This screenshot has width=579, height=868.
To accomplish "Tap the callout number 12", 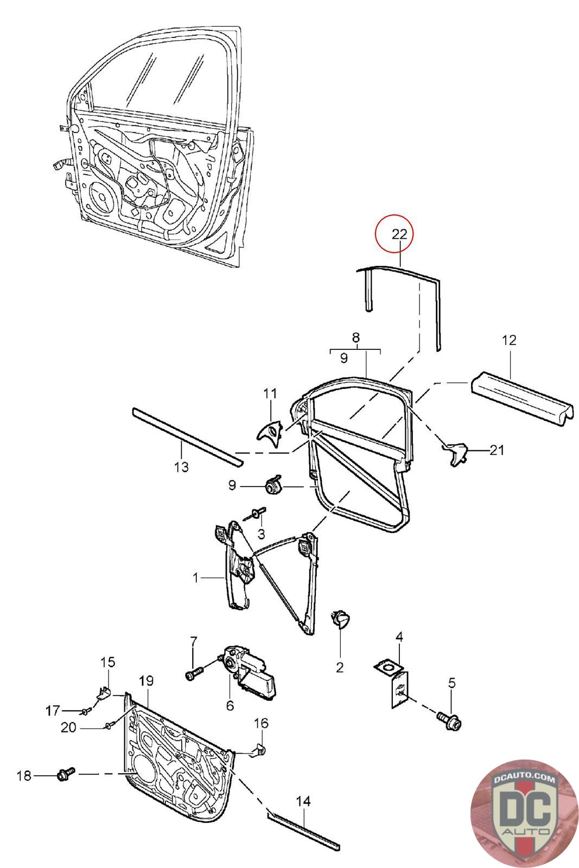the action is tap(509, 340).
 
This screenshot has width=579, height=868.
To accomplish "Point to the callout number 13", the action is tap(181, 467).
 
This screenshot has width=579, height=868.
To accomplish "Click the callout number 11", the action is tap(270, 394).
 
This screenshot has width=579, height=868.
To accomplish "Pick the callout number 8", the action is tap(356, 337).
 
